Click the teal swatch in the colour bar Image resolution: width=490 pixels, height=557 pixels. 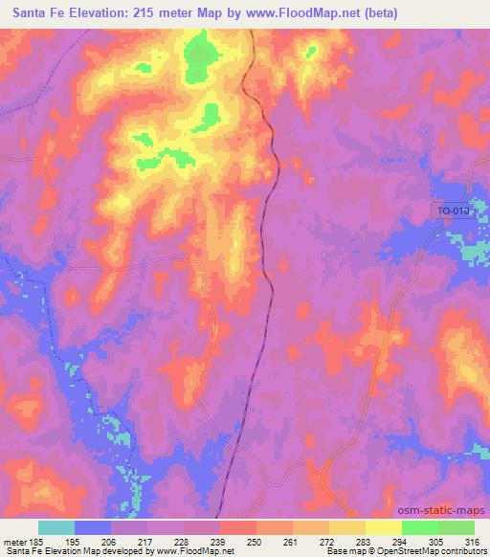coord(56,527)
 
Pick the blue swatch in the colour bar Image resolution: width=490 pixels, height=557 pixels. coord(93,527)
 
